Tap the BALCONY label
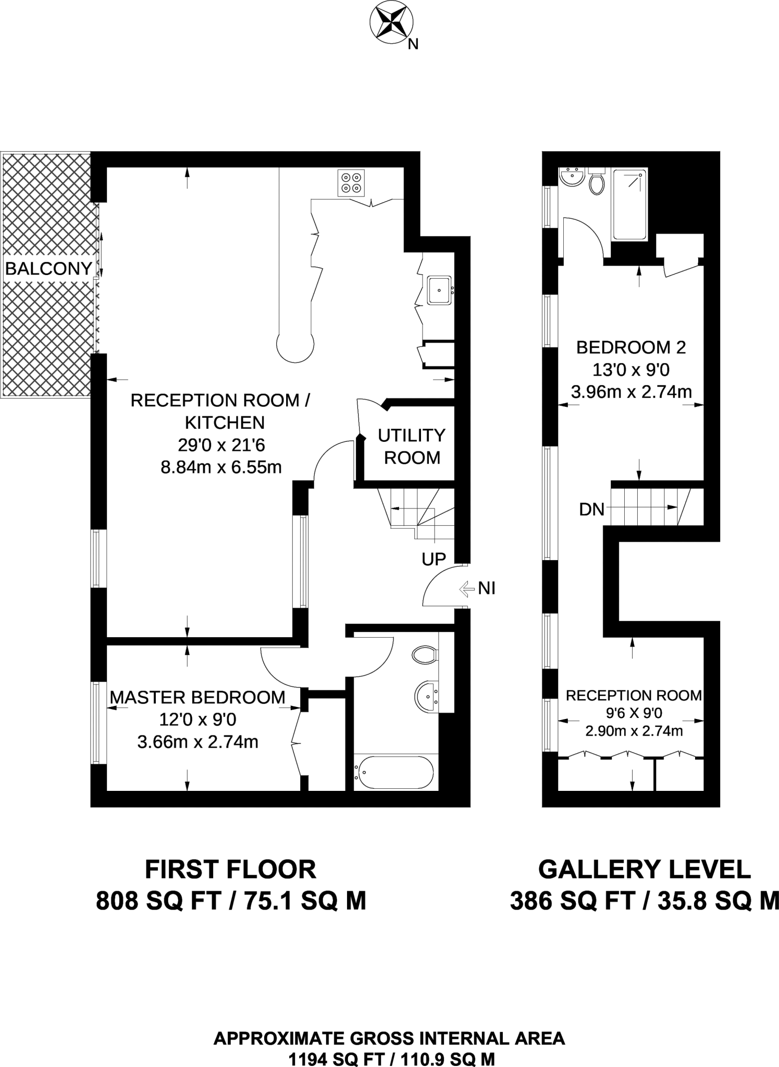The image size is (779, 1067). [48, 269]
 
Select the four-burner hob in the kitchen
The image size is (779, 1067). [351, 183]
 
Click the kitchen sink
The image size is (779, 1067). [439, 290]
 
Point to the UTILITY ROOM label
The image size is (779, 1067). [412, 446]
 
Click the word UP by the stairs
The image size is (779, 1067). [434, 560]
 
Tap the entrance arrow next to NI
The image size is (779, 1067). [465, 589]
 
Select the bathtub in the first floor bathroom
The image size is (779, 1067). [394, 773]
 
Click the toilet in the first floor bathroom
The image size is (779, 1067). [424, 655]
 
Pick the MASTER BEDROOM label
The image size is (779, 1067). [197, 697]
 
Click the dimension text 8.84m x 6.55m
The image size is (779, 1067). [221, 467]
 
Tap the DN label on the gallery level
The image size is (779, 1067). [591, 509]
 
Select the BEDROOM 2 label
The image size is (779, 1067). [631, 347]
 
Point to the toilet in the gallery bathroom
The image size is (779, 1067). [597, 182]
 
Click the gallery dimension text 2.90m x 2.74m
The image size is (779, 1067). [634, 731]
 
